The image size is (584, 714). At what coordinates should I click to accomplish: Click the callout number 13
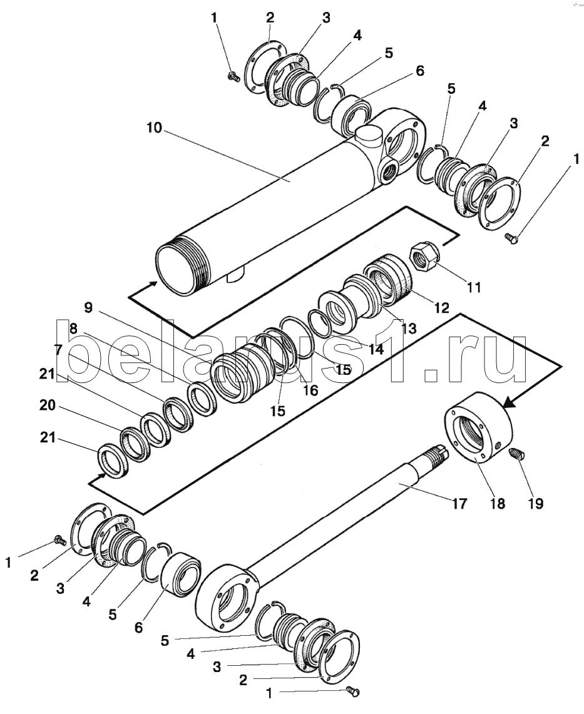408,328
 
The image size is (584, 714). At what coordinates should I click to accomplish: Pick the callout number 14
375,349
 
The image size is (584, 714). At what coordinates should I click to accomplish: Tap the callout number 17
459,503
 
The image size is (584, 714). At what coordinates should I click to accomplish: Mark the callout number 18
497,504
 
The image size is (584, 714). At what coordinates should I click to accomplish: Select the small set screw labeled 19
516,454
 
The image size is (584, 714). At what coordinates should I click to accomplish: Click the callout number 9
88,308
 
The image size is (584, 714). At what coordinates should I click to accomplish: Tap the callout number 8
73,328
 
